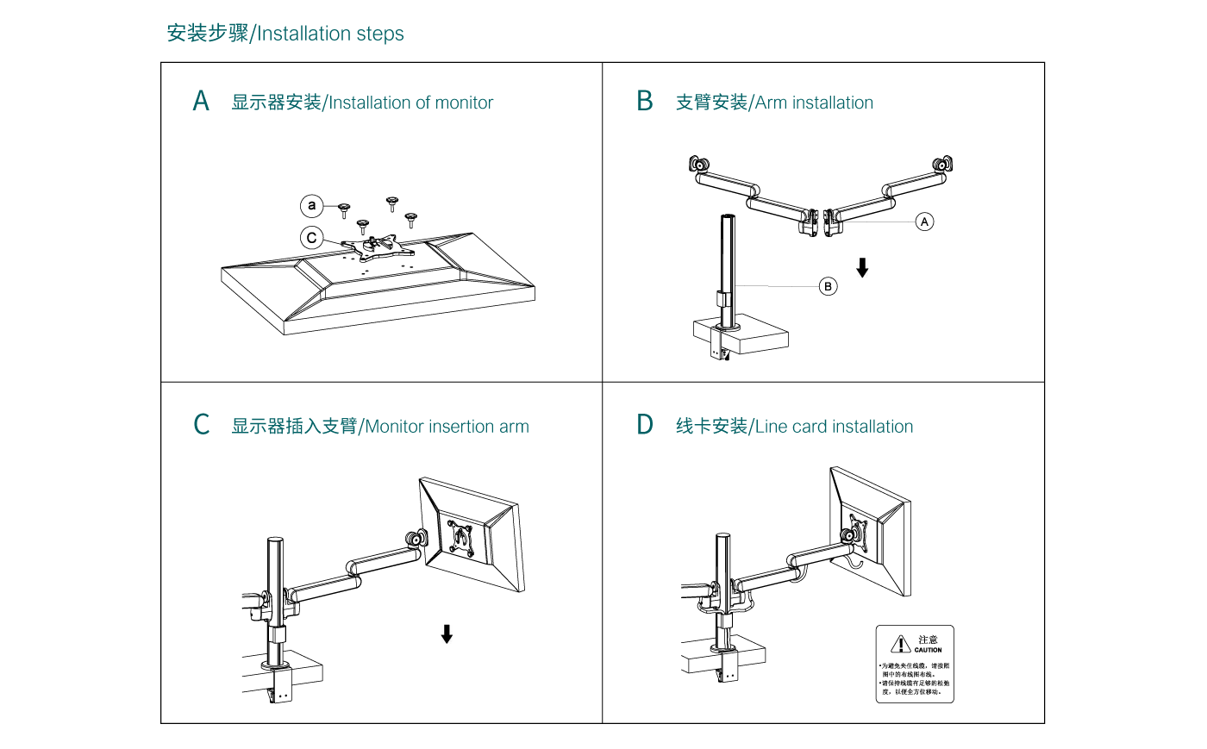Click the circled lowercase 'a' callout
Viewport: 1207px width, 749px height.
click(x=311, y=206)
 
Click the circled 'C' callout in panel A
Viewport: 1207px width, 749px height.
click(x=311, y=238)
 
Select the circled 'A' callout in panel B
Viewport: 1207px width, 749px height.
click(x=924, y=222)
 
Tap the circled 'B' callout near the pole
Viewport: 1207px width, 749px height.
click(x=828, y=286)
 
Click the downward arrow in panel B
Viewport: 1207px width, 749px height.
click(x=862, y=267)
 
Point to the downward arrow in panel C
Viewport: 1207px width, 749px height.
click(x=447, y=634)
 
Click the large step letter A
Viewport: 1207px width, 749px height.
click(x=201, y=102)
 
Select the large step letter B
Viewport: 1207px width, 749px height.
click(x=644, y=102)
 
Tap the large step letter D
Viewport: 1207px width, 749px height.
click(x=644, y=425)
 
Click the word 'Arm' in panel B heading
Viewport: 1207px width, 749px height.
click(x=771, y=103)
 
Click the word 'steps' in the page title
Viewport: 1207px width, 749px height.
click(x=379, y=34)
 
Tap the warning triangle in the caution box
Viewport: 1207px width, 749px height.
click(x=900, y=645)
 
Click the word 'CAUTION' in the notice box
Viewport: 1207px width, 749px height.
click(x=928, y=650)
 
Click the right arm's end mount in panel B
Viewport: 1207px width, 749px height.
click(x=942, y=164)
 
